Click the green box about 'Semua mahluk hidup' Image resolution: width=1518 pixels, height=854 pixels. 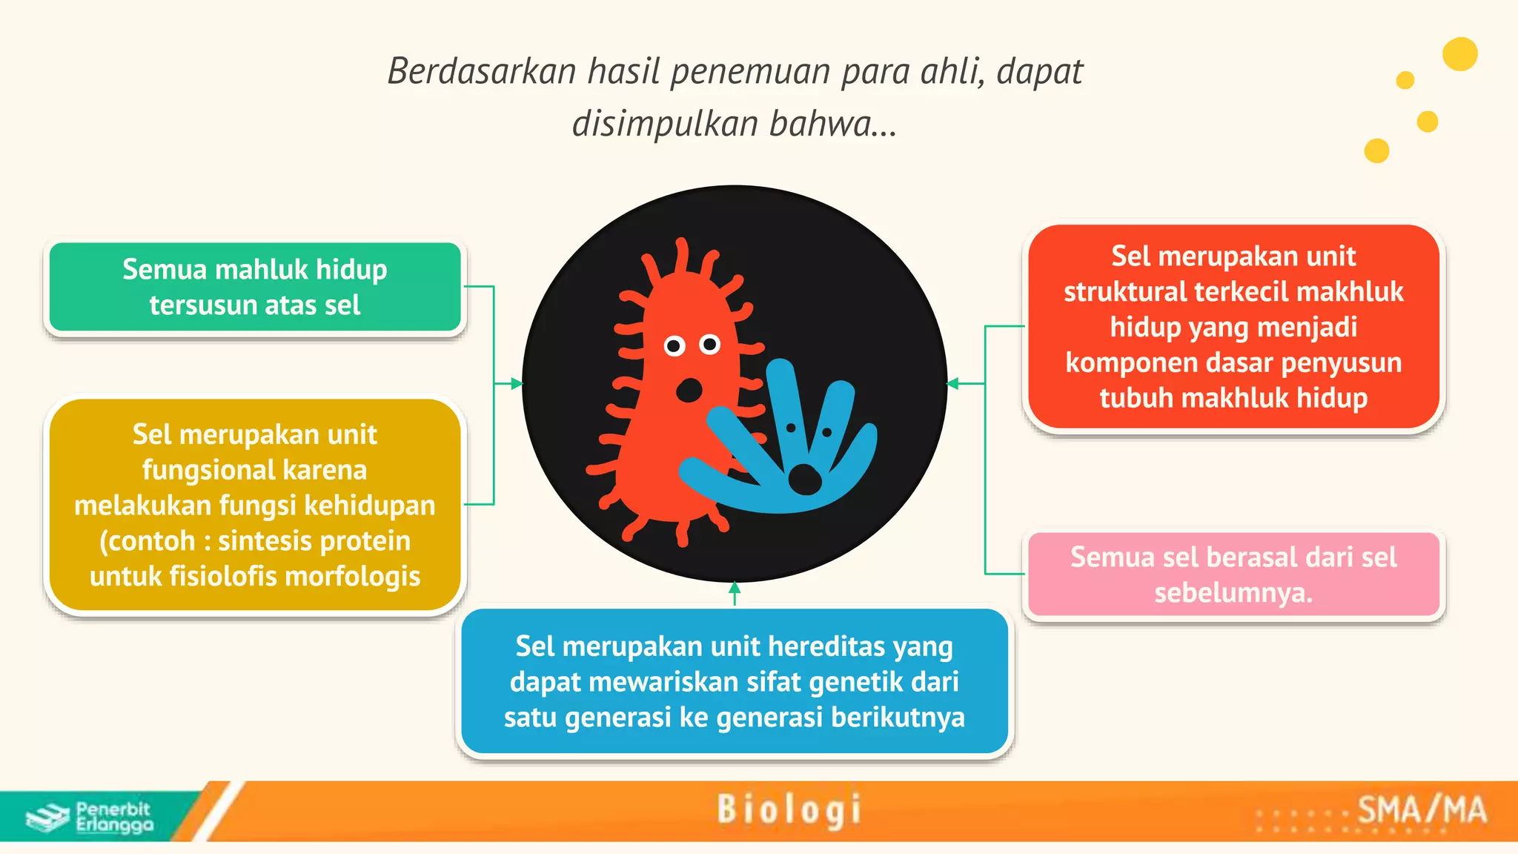[x=254, y=287]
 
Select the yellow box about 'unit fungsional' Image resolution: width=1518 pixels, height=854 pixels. [x=254, y=505]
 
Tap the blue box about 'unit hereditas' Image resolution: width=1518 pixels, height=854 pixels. [x=734, y=681]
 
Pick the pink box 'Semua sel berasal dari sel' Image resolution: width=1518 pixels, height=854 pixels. [x=1233, y=574]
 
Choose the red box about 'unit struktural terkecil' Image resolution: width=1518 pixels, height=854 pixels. [x=1233, y=327]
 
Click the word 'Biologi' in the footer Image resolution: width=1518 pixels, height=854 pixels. [x=789, y=810]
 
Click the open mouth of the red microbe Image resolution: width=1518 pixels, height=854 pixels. [x=690, y=390]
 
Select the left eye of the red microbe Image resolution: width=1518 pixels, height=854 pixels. [x=675, y=345]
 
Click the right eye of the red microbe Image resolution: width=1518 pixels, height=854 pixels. [x=710, y=344]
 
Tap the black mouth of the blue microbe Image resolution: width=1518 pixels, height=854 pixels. [x=805, y=480]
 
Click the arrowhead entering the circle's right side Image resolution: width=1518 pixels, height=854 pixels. [x=953, y=383]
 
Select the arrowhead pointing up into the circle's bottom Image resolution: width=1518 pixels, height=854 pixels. [x=735, y=588]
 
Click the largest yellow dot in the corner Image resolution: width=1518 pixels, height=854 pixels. [x=1459, y=54]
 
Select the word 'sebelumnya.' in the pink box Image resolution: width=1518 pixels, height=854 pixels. [x=1233, y=593]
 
